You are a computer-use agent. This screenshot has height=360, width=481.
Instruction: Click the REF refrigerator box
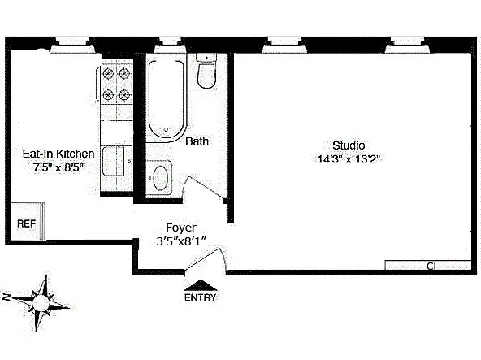(x=28, y=221)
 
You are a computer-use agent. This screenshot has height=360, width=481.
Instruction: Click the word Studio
(x=348, y=145)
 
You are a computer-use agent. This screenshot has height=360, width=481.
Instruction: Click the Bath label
(x=197, y=141)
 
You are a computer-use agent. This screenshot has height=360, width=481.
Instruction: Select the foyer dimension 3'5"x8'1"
(x=181, y=241)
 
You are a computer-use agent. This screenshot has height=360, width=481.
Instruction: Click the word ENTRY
(x=201, y=297)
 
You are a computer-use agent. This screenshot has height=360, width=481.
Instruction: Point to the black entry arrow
(x=201, y=284)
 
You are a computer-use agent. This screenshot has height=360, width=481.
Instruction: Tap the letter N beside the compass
(x=6, y=297)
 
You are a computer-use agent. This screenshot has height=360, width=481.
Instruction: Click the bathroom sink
(x=162, y=176)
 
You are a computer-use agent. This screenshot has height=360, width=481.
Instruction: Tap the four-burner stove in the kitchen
(x=115, y=83)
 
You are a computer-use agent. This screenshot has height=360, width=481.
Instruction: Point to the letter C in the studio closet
(x=430, y=266)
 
